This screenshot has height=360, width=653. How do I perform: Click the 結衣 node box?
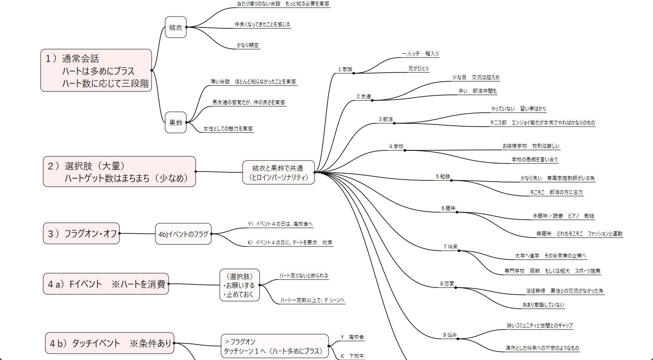pos(176,27)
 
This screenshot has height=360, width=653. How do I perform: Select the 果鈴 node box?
pos(176,122)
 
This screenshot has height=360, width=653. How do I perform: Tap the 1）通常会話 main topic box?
pos(96,70)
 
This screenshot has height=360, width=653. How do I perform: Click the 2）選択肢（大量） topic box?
pos(119,172)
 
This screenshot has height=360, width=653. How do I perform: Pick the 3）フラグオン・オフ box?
pos(81,233)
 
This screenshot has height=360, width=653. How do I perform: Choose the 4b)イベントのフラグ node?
pos(183,234)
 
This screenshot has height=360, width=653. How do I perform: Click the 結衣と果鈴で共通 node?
pos(278,172)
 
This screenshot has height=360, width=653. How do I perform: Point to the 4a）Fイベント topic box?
pos(106,284)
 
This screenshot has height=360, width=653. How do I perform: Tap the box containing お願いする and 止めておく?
pos(239,285)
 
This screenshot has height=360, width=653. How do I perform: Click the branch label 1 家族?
pos(345,69)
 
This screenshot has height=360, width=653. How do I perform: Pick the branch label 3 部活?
pos(386,119)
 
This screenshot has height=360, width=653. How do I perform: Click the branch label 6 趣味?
pos(448,208)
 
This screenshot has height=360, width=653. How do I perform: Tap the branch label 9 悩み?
pos(450,335)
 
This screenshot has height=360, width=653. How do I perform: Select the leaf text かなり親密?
pos(248,45)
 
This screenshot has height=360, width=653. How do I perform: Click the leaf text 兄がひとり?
pos(418,68)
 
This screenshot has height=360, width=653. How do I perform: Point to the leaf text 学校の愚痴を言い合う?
pos(534,160)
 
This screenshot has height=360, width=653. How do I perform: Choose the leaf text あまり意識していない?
pos(543,305)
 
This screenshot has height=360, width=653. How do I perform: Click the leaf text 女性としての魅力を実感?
pos(228,129)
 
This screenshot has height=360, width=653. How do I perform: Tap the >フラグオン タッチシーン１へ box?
pos(274,346)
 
